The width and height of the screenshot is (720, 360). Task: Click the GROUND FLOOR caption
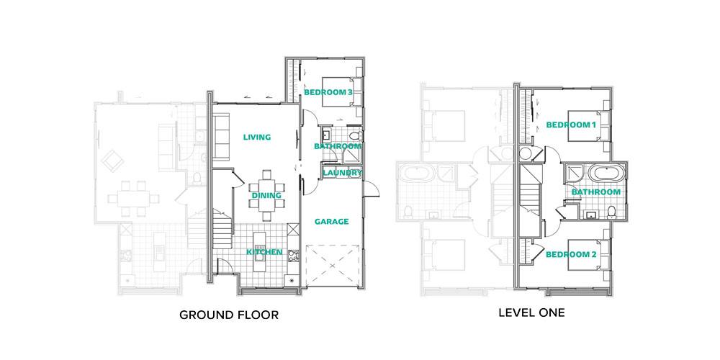coord(229,315)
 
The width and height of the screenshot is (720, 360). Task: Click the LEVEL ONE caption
coord(532,313)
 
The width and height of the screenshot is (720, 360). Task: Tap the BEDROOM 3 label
coord(328,92)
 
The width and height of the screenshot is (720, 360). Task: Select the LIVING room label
coord(257,137)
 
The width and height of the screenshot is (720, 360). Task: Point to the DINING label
coord(266,195)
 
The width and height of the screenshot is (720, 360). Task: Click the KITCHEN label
coord(264,252)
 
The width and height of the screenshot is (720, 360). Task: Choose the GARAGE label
coord(331,221)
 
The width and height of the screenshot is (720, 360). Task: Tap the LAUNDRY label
coord(343,173)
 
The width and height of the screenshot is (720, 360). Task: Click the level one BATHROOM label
coord(596,192)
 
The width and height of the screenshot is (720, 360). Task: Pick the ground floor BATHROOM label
coord(338,146)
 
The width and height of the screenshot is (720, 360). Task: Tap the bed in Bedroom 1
coord(589,126)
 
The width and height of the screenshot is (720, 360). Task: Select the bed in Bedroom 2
coord(589,255)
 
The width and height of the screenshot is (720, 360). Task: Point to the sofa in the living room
coord(221,138)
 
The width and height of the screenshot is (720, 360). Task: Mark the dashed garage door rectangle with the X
coord(332,266)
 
